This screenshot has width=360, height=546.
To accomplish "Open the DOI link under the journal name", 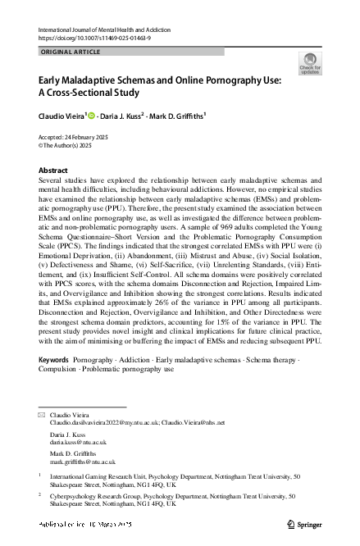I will tap(89, 38).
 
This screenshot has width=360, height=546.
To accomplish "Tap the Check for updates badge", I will tap(310, 63).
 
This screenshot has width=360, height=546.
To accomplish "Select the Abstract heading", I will tap(53, 171).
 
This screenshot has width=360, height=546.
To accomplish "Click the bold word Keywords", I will tap(54, 361).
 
